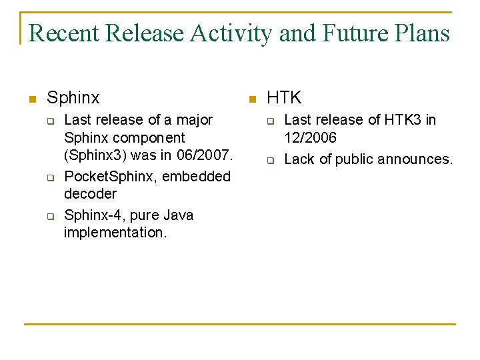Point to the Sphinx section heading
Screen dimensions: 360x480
73,98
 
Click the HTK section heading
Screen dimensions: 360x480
284,98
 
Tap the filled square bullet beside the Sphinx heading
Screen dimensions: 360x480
31,99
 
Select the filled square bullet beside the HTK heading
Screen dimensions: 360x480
251,99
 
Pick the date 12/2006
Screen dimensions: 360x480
311,138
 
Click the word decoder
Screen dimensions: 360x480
90,194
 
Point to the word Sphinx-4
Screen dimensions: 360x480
89,215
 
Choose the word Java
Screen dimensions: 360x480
179,215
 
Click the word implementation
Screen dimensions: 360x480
115,233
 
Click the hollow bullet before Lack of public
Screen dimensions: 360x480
271,160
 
